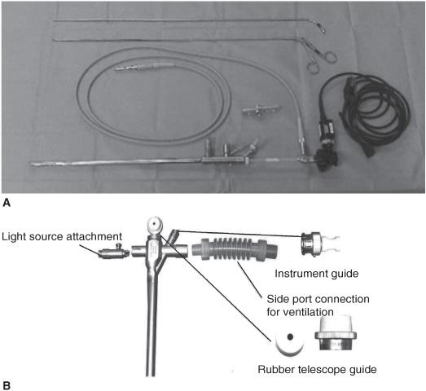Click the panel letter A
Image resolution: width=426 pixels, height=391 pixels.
pos(7,203)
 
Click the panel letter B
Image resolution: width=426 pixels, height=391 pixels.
pos(7,386)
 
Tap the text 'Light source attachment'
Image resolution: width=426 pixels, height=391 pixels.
pos(62,236)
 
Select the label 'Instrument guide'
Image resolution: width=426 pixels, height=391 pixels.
pos(317,274)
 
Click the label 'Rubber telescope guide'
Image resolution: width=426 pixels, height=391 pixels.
pos(317,369)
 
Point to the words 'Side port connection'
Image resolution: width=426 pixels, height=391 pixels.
pos(318,299)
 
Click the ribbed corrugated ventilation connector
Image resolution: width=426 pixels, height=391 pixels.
pos(235,249)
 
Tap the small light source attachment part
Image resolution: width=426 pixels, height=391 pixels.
pos(113,253)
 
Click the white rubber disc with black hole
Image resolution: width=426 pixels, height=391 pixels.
pos(289,343)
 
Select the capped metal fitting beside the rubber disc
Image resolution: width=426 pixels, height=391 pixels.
pos(336,333)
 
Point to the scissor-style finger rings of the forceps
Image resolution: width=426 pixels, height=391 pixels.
pos(322,61)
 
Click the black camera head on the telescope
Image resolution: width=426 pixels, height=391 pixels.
pos(326,160)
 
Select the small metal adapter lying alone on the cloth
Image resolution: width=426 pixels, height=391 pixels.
pos(261,110)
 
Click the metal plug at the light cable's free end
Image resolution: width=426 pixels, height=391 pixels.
pos(145,66)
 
